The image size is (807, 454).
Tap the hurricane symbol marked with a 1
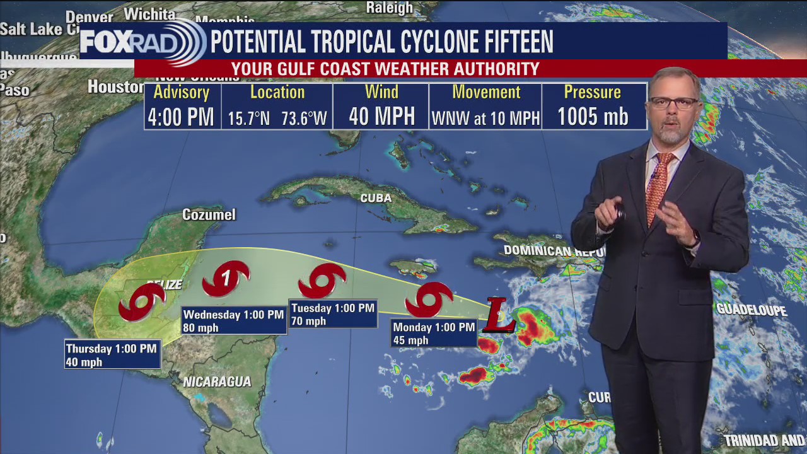click(226, 278)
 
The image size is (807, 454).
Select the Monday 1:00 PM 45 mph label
click(434, 334)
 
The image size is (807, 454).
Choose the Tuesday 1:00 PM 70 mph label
click(332, 314)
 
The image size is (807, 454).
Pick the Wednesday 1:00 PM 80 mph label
click(233, 321)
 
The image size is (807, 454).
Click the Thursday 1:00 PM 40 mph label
click(112, 355)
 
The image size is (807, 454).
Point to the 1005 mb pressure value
click(593, 117)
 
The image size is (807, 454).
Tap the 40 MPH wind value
click(381, 117)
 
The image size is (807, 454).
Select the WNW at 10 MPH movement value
click(485, 118)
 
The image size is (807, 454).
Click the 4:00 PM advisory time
click(181, 117)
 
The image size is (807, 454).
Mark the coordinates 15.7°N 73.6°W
click(277, 118)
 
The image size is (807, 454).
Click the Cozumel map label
click(209, 215)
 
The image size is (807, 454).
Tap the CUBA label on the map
click(376, 198)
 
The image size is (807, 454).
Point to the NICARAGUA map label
click(217, 381)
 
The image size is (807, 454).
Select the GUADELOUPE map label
click(752, 310)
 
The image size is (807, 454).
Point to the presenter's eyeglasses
click(674, 102)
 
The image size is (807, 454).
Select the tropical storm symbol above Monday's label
click(429, 299)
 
